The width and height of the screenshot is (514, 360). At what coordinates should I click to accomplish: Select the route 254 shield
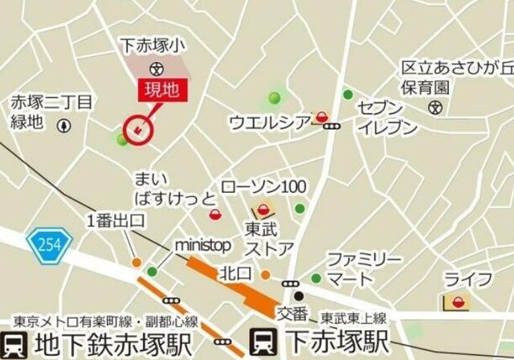click(x=48, y=239)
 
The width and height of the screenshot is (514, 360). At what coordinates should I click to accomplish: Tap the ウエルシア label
click(x=269, y=121)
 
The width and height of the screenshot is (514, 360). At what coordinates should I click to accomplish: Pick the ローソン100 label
click(x=263, y=186)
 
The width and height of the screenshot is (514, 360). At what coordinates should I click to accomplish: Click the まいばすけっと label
click(x=174, y=187)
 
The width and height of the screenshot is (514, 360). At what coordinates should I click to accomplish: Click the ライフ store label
click(x=479, y=280)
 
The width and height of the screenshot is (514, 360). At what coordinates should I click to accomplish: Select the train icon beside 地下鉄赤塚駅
click(x=14, y=342)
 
